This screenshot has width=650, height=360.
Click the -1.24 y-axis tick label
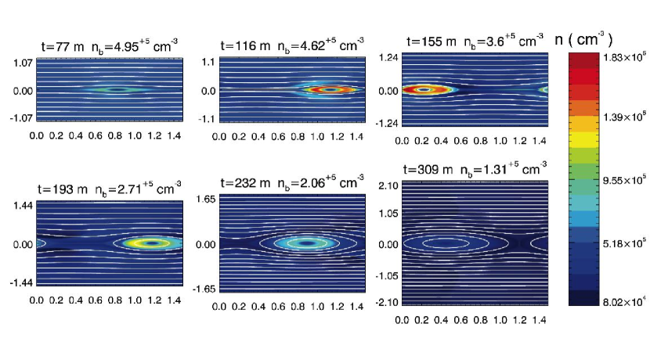coord(386,124)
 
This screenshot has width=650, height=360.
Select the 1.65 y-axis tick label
coord(204,200)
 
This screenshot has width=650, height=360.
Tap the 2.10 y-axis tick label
coord(387,185)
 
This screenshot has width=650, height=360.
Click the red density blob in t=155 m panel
coord(424,90)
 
